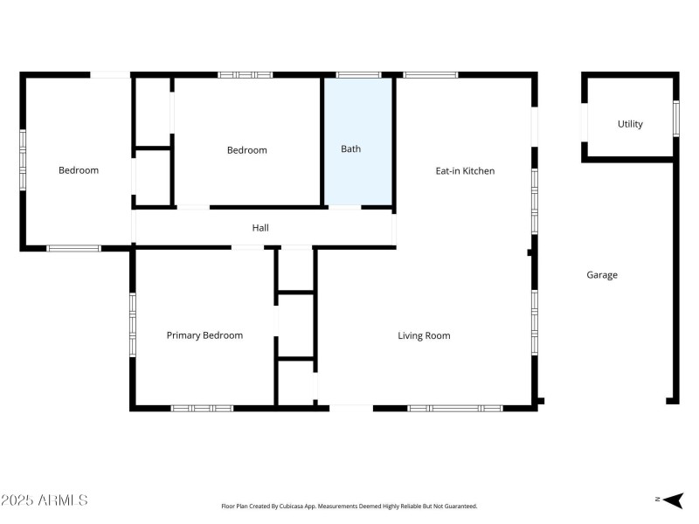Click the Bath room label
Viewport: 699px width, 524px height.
[350, 149]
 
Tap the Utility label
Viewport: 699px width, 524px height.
[630, 124]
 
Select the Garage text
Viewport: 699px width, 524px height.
[601, 275]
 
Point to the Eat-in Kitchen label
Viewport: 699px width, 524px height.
[465, 171]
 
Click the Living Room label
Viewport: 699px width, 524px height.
[424, 335]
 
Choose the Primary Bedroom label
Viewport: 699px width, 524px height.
[204, 335]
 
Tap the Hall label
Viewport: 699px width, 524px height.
[260, 228]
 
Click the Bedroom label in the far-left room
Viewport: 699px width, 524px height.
[79, 170]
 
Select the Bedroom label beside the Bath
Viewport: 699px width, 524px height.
[246, 150]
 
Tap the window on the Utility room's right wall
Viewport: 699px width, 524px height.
[676, 118]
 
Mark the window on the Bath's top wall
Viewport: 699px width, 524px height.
[358, 75]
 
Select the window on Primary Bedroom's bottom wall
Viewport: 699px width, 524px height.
[202, 408]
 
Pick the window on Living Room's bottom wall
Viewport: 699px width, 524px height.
[454, 408]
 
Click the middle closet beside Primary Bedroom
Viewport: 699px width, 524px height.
[295, 326]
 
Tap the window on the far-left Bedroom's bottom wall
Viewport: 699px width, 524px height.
[73, 249]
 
